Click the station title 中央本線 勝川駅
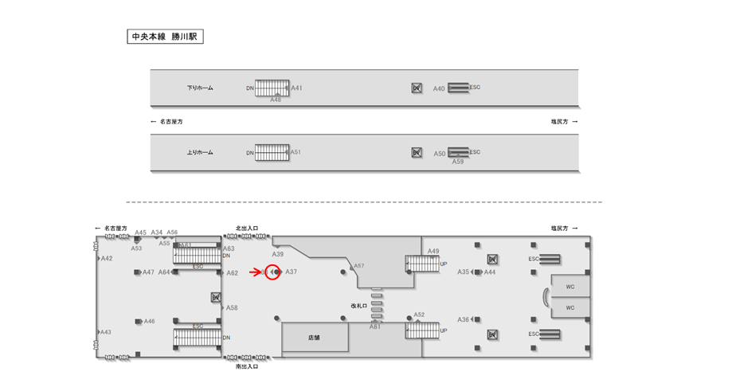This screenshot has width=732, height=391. point(166,37)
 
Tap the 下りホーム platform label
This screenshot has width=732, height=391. point(200,88)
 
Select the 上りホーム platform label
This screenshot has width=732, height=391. point(200,152)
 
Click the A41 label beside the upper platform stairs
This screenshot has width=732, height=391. point(296,88)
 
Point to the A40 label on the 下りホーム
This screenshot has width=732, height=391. point(439,88)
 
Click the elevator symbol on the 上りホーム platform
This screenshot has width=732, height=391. point(416,152)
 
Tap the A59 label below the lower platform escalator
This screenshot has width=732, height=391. point(458,162)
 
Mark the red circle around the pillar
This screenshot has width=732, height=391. point(272,272)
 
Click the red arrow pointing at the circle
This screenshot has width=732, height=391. point(256,272)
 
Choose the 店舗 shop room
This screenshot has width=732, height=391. point(315,338)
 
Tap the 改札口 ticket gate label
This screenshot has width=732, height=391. point(358,305)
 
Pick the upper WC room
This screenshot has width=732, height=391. point(570,285)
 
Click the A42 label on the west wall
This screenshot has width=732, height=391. point(107,259)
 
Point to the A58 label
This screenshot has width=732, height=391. point(232,307)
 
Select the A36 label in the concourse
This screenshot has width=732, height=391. point(463,319)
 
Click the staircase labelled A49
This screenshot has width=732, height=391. point(422,263)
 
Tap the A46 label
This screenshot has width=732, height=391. point(149,322)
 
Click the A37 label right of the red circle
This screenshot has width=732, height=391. point(292,272)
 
